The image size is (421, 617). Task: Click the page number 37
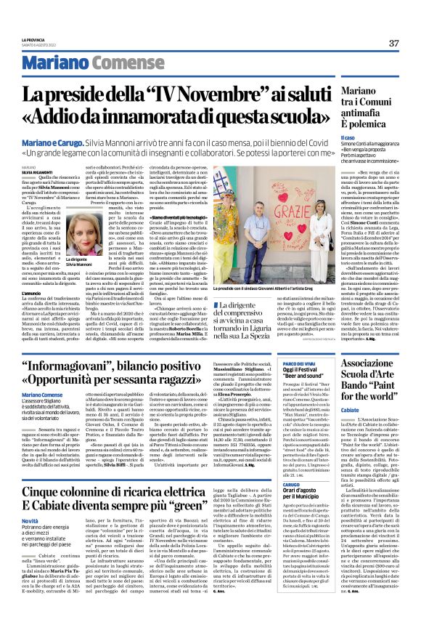[393, 44]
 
